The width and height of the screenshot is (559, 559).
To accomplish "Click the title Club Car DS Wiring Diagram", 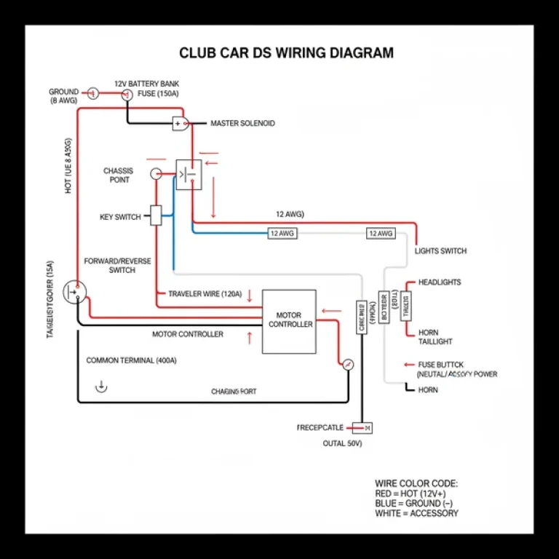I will [x=286, y=53].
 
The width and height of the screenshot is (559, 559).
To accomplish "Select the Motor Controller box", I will [x=289, y=321].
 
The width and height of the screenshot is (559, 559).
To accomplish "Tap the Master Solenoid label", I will [x=242, y=124].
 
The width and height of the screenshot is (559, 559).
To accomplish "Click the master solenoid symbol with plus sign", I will [x=180, y=124].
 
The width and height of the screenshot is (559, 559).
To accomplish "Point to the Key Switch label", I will [x=120, y=217].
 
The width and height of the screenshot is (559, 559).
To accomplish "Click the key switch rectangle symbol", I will [x=156, y=215].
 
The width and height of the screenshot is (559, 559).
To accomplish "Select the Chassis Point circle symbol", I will [x=155, y=174].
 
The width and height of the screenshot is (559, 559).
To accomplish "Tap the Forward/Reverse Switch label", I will [x=117, y=265].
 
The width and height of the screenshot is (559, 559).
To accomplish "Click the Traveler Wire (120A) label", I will [x=205, y=294].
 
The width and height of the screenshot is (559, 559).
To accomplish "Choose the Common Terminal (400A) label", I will [x=131, y=360].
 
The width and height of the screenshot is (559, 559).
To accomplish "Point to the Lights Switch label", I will [x=440, y=251].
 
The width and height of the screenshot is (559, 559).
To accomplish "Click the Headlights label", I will [x=439, y=282].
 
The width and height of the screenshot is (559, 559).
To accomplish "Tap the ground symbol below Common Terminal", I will [x=101, y=386].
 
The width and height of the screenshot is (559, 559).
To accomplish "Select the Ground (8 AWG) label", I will [x=63, y=96].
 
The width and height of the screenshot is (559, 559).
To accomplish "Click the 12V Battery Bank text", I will [x=146, y=84].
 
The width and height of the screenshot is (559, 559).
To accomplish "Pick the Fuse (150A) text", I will [x=157, y=95].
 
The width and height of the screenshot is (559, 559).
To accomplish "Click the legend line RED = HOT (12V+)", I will [x=412, y=493].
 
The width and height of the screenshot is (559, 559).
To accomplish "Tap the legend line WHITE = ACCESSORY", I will [x=416, y=513].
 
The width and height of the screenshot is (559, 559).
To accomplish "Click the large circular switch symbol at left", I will [x=74, y=292].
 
